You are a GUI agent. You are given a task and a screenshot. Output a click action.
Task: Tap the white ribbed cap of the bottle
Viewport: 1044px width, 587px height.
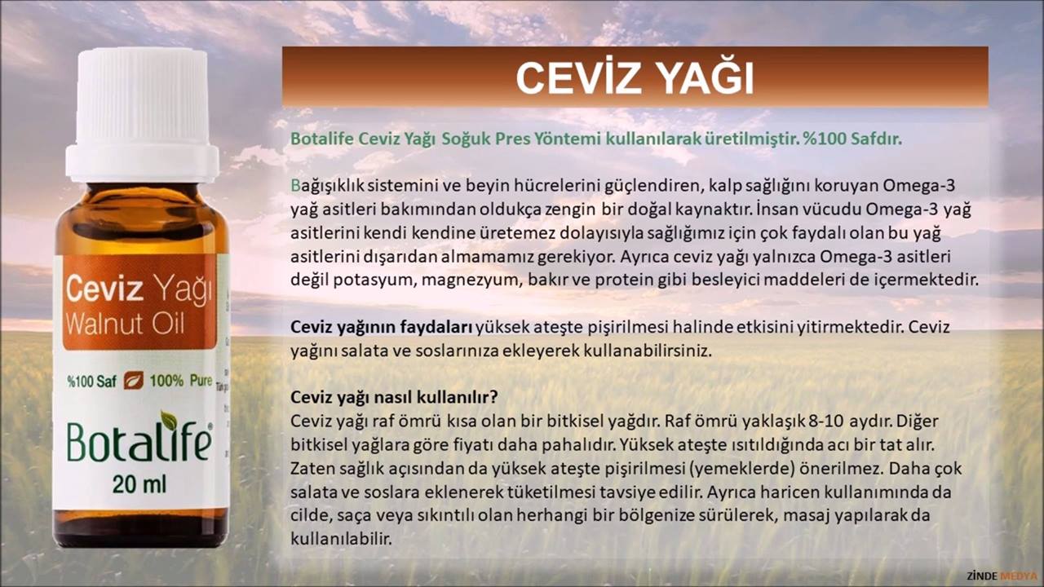point(142,114)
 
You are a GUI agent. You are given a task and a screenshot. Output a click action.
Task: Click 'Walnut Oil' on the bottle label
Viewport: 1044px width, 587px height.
point(126,324)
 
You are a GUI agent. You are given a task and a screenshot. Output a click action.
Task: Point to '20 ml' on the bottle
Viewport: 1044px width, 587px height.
point(139,485)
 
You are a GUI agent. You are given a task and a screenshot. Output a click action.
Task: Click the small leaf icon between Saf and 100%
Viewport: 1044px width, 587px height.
point(133,381)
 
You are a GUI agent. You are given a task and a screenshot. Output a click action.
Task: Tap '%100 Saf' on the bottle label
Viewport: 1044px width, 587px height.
point(92,382)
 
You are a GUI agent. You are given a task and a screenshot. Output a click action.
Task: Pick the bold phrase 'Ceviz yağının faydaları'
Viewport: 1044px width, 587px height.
point(381,328)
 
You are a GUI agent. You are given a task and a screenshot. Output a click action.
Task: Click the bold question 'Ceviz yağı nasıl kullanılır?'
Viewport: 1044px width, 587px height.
point(394,397)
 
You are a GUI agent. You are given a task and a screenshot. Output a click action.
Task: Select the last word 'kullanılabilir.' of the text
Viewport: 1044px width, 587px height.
point(341,539)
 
